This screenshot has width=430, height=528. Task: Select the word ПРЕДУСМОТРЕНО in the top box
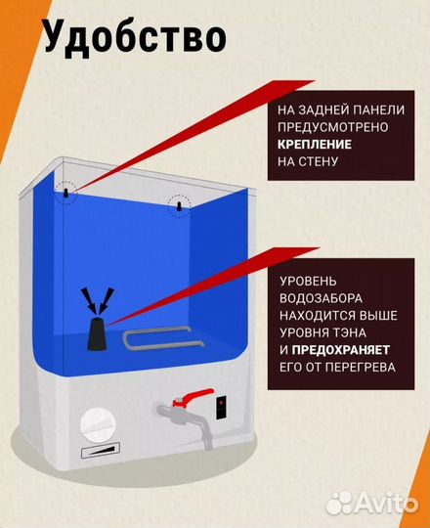coord(335,125)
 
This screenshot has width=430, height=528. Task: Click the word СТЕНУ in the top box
coord(318,161)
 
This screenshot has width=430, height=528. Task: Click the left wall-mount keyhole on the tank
coord(65,195)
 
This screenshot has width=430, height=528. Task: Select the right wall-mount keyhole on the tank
coord(179,206)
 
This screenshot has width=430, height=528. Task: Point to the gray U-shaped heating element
coord(163,340)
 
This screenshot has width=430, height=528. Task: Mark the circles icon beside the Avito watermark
coord(338,503)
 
